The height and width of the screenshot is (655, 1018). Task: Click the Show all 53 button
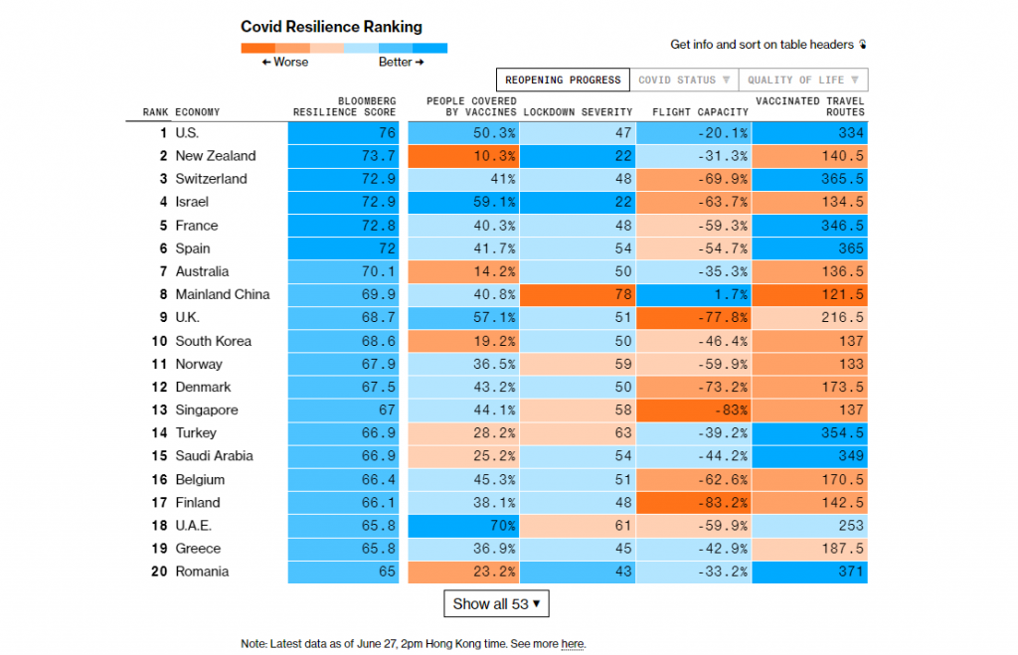coord(496,603)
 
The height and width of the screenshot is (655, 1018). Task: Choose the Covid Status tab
coord(684,80)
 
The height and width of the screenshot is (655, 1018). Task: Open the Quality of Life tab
coord(803,80)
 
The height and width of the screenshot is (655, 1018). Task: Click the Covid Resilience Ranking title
coord(331,27)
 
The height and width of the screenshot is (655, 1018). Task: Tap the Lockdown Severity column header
coord(577,112)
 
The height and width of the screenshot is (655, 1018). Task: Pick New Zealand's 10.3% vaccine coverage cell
coord(460,156)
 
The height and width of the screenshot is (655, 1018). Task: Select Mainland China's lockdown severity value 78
coord(578,294)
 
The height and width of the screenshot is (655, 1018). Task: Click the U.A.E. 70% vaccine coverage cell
coord(460,525)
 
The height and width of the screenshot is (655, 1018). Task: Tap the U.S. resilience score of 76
coord(344,133)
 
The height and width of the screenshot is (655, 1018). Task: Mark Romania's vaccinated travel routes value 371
coord(810,572)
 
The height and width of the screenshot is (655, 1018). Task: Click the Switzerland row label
coord(211,179)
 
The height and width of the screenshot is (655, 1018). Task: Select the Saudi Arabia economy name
coord(214,456)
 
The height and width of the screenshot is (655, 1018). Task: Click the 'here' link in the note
coord(573,644)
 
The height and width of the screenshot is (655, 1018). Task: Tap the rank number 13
coord(159,409)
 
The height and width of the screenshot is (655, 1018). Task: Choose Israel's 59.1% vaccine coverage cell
coord(460,202)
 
